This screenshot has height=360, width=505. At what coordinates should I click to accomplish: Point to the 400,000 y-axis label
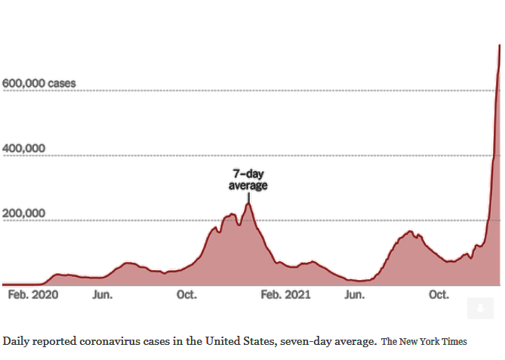tap(23, 149)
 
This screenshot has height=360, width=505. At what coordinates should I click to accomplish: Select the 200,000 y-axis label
tap(23, 214)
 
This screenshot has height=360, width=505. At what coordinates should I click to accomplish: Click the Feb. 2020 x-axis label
tap(32, 294)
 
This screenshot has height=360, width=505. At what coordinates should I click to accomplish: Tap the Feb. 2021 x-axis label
tap(285, 294)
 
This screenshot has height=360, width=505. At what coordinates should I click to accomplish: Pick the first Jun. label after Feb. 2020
tap(103, 294)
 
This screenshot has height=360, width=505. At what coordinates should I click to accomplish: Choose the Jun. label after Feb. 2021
tap(356, 294)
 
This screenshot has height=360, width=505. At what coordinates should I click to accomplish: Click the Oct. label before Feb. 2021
tap(186, 294)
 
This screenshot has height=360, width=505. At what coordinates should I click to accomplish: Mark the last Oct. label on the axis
tap(439, 294)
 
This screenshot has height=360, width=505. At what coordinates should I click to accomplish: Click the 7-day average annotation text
tap(248, 180)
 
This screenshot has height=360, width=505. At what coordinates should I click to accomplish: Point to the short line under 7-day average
tap(248, 197)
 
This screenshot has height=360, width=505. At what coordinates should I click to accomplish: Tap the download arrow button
tap(479, 308)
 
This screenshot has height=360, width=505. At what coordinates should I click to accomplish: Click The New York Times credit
tap(424, 342)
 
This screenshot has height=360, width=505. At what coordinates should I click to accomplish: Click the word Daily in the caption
tap(17, 341)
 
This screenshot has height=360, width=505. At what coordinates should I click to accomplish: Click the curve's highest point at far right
tap(499, 46)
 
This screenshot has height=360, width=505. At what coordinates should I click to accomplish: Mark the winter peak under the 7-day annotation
tap(248, 204)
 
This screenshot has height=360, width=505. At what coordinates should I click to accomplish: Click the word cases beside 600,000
tap(61, 83)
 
